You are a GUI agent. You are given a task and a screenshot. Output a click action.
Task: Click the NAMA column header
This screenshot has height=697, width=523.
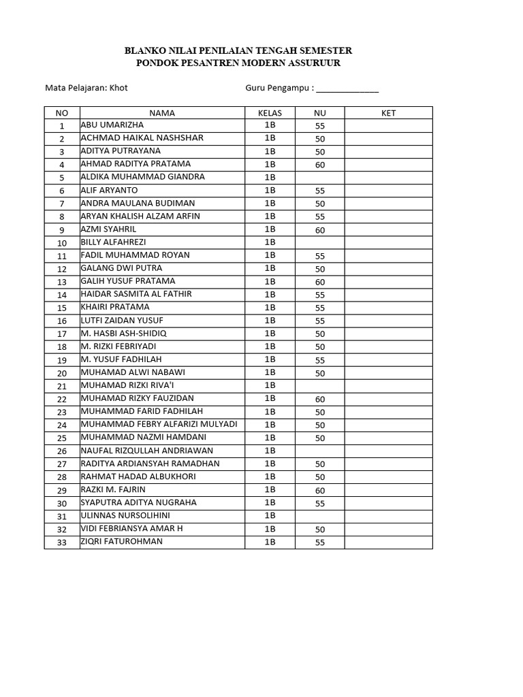[x=162, y=113]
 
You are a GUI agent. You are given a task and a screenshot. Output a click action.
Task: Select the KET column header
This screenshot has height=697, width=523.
[x=388, y=113]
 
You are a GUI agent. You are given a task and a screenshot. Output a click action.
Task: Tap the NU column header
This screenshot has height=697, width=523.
[x=320, y=113]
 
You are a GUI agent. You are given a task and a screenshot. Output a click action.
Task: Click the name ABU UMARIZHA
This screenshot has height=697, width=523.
[x=112, y=125]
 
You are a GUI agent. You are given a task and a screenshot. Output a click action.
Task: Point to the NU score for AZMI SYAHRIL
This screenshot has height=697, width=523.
[x=320, y=230]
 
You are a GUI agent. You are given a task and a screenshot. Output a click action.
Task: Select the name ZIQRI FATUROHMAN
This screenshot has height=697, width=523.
[x=122, y=542]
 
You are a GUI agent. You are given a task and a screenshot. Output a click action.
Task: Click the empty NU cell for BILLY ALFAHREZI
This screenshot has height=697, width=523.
[x=320, y=242]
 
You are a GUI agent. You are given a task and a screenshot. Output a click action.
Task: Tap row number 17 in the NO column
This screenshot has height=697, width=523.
[x=62, y=334]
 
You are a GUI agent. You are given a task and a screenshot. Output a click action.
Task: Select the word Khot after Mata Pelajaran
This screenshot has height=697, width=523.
[x=119, y=88]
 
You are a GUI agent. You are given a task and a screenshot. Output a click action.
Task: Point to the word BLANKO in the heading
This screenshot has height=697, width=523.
[x=143, y=51]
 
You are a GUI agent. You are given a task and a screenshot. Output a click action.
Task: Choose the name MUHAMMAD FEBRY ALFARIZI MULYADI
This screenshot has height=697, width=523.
[x=159, y=424]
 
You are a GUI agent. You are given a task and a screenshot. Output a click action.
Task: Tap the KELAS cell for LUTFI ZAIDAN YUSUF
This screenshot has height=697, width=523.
[x=270, y=321]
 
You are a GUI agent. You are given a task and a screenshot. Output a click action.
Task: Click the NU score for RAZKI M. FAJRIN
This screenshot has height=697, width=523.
[x=320, y=490]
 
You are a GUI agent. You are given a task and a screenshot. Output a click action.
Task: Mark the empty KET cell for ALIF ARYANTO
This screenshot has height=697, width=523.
[x=388, y=191]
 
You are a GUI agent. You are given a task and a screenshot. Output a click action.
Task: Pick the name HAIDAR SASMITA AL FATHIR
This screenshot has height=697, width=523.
[x=136, y=294]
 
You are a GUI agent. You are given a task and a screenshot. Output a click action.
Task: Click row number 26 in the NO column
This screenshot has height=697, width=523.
[x=62, y=451]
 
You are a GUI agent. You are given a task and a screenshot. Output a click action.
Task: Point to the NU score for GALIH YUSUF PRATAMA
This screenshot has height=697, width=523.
[x=320, y=282]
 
